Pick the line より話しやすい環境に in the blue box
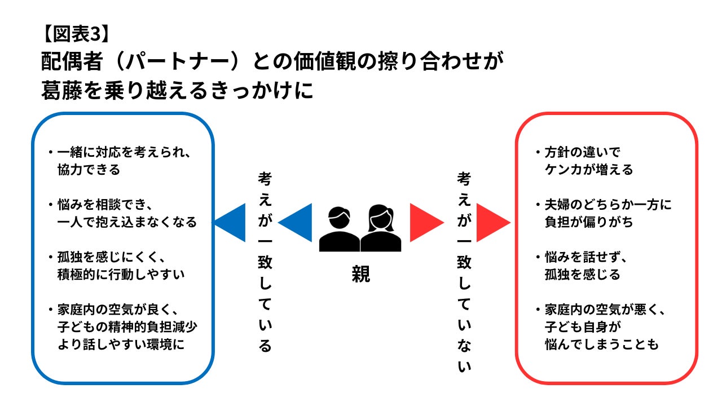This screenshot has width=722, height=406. coord(121,345)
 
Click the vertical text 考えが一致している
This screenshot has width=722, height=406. coord(265,262)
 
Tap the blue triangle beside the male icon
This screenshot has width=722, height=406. coord(296,222)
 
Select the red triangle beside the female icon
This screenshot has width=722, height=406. coord(425,222)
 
